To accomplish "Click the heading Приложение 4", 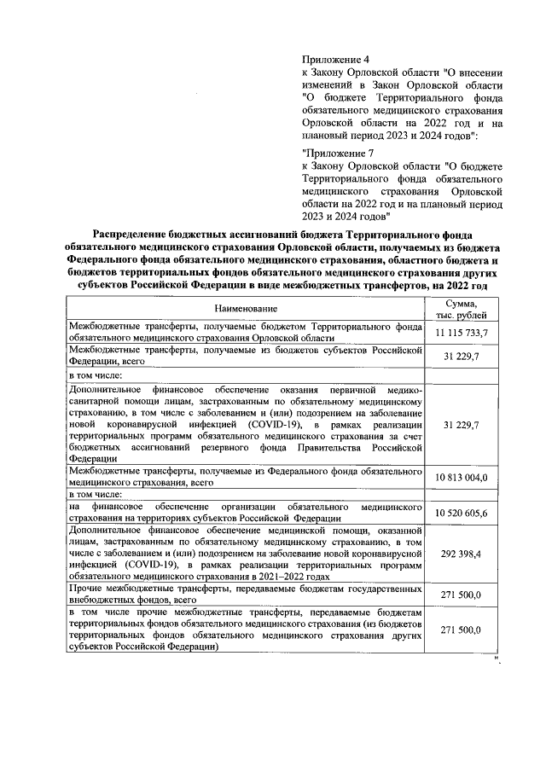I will pyautogui.click(x=336, y=60).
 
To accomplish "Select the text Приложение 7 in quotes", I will pyautogui.click(x=340, y=152).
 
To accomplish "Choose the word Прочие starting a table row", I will pyautogui.click(x=84, y=589).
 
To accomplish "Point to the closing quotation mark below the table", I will pyautogui.click(x=494, y=659).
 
